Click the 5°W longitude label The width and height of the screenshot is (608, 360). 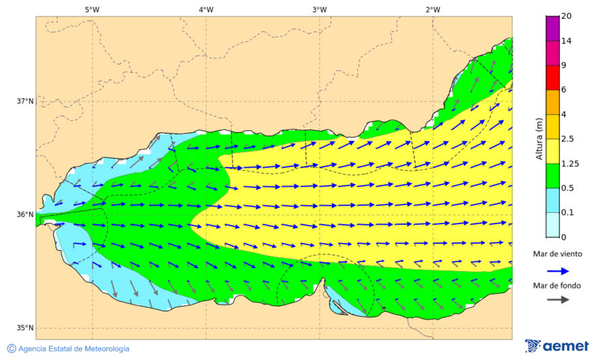[x=93, y=9]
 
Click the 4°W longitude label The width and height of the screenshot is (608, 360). [x=206, y=9]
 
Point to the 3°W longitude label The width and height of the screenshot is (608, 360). [x=320, y=9]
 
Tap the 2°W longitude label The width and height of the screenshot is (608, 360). [x=433, y=9]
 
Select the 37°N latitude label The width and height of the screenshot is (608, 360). [x=25, y=101]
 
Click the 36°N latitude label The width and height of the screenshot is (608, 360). [x=25, y=215]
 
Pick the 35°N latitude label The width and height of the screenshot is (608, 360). [x=25, y=328]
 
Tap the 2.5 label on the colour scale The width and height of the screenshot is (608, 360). [x=568, y=139]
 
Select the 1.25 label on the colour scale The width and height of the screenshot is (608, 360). [x=570, y=163]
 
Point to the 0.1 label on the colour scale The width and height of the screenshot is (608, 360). [x=568, y=212]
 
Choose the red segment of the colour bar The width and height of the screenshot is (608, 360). [x=552, y=78]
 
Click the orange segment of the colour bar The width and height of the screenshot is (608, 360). [x=552, y=102]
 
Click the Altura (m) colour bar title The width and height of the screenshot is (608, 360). [x=539, y=138]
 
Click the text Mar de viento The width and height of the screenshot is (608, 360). [x=557, y=254]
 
